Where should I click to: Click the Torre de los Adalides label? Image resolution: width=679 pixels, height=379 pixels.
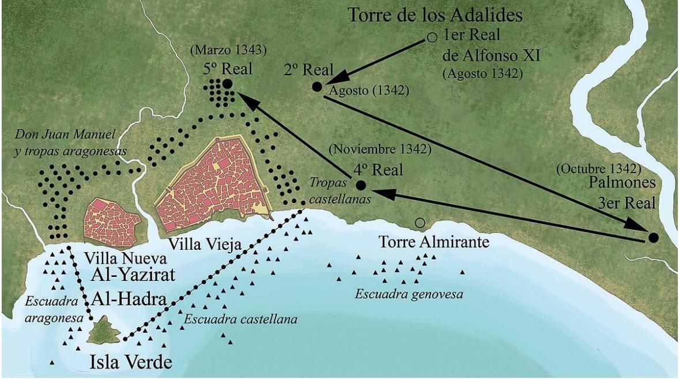[435, 16]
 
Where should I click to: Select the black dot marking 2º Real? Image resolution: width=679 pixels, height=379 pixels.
[316, 87]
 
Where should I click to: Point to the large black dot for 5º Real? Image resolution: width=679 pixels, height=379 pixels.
[227, 84]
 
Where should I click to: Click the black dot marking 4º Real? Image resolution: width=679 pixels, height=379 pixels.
[361, 185]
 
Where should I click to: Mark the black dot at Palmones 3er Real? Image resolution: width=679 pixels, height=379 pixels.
[653, 237]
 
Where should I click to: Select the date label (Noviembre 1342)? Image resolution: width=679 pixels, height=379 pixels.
[380, 150]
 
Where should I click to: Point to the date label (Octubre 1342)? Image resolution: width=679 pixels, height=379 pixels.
[598, 170]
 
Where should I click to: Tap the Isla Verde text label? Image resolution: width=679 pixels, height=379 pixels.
[131, 362]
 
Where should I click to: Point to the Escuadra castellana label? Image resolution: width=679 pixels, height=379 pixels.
[240, 319]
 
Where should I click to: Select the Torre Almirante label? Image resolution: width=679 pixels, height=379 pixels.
[433, 242]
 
